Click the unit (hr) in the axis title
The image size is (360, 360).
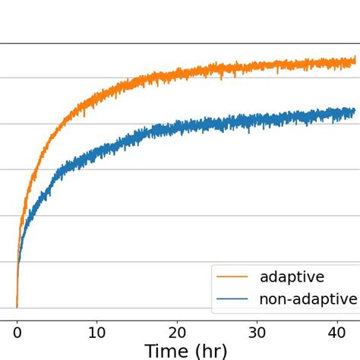click(225, 350)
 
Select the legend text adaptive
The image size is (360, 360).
click(292, 276)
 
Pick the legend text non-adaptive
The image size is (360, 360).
click(308, 299)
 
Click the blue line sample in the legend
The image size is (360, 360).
click(232, 300)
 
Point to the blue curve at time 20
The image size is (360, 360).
click(177, 127)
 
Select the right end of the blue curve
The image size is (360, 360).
click(354, 112)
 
